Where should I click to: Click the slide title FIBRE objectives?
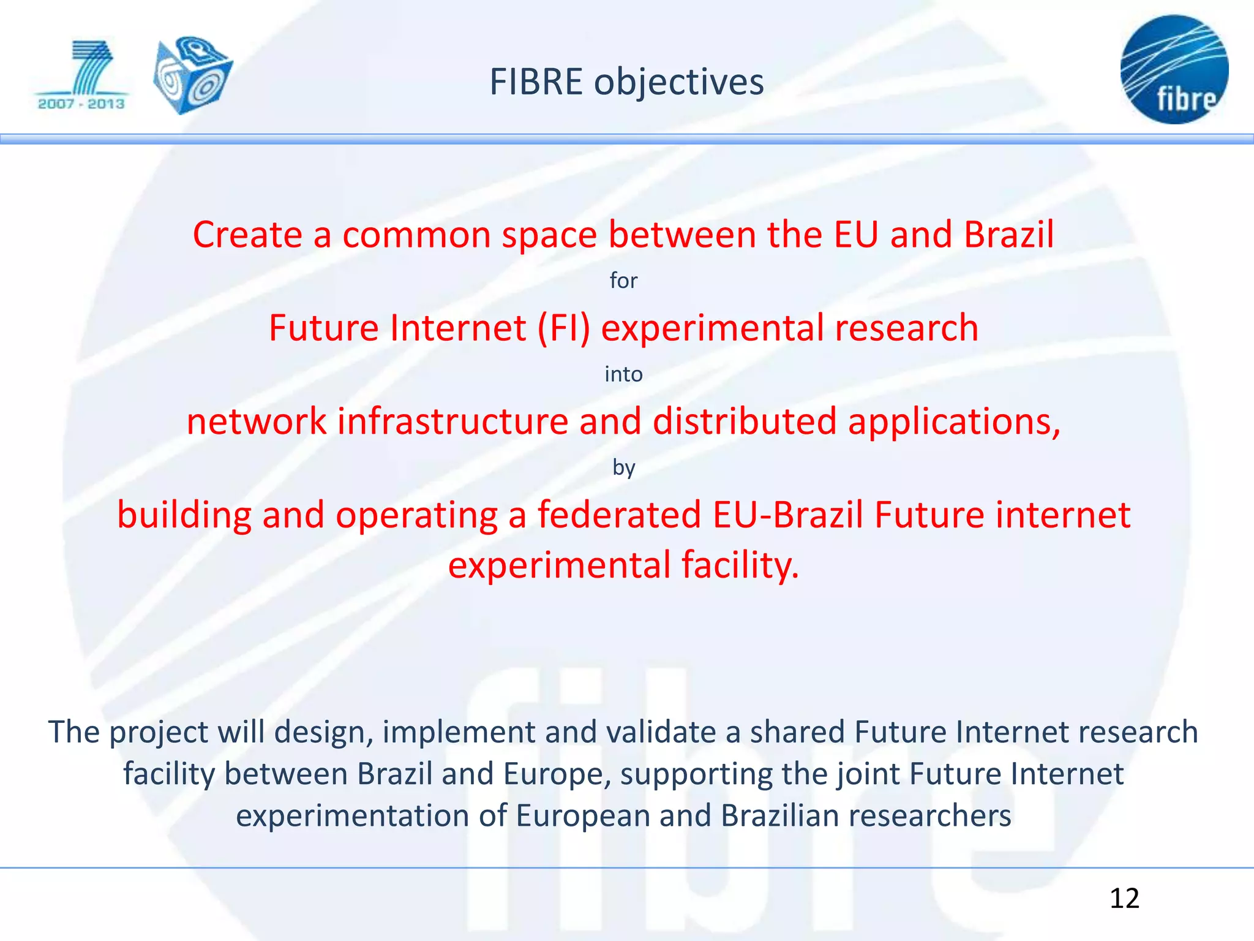pyautogui.click(x=626, y=82)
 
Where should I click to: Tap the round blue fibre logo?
pyautogui.click(x=1174, y=69)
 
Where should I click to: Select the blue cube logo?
pyautogui.click(x=192, y=75)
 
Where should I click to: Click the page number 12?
pyautogui.click(x=1124, y=899)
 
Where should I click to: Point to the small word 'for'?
pyautogui.click(x=623, y=281)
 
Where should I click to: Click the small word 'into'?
pyautogui.click(x=623, y=374)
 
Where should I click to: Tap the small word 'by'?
pyautogui.click(x=623, y=468)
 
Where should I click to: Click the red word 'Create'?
pyautogui.click(x=247, y=235)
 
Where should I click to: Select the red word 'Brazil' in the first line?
pyautogui.click(x=1008, y=235)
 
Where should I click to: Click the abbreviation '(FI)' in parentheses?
pyautogui.click(x=564, y=328)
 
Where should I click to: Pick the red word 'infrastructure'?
pyautogui.click(x=453, y=422)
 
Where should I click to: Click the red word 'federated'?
pyautogui.click(x=619, y=515)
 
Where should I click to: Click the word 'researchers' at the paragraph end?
pyautogui.click(x=929, y=816)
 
